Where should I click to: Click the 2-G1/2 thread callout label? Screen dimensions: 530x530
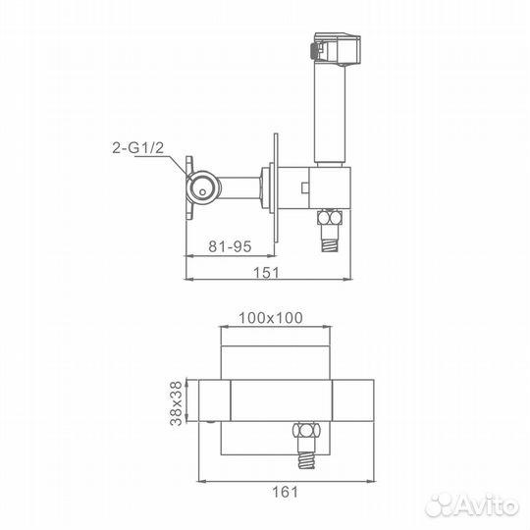pyautogui.click(x=138, y=148)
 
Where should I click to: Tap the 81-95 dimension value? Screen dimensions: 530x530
pyautogui.click(x=230, y=246)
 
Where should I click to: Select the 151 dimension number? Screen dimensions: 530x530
pyautogui.click(x=267, y=273)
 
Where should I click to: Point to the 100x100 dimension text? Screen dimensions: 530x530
pyautogui.click(x=271, y=318)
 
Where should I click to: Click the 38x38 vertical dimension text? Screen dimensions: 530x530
pyautogui.click(x=176, y=403)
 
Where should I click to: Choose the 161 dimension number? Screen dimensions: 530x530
pyautogui.click(x=286, y=492)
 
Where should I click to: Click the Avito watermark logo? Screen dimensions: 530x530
pyautogui.click(x=471, y=505)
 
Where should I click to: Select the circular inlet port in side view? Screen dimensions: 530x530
pyautogui.click(x=202, y=186)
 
